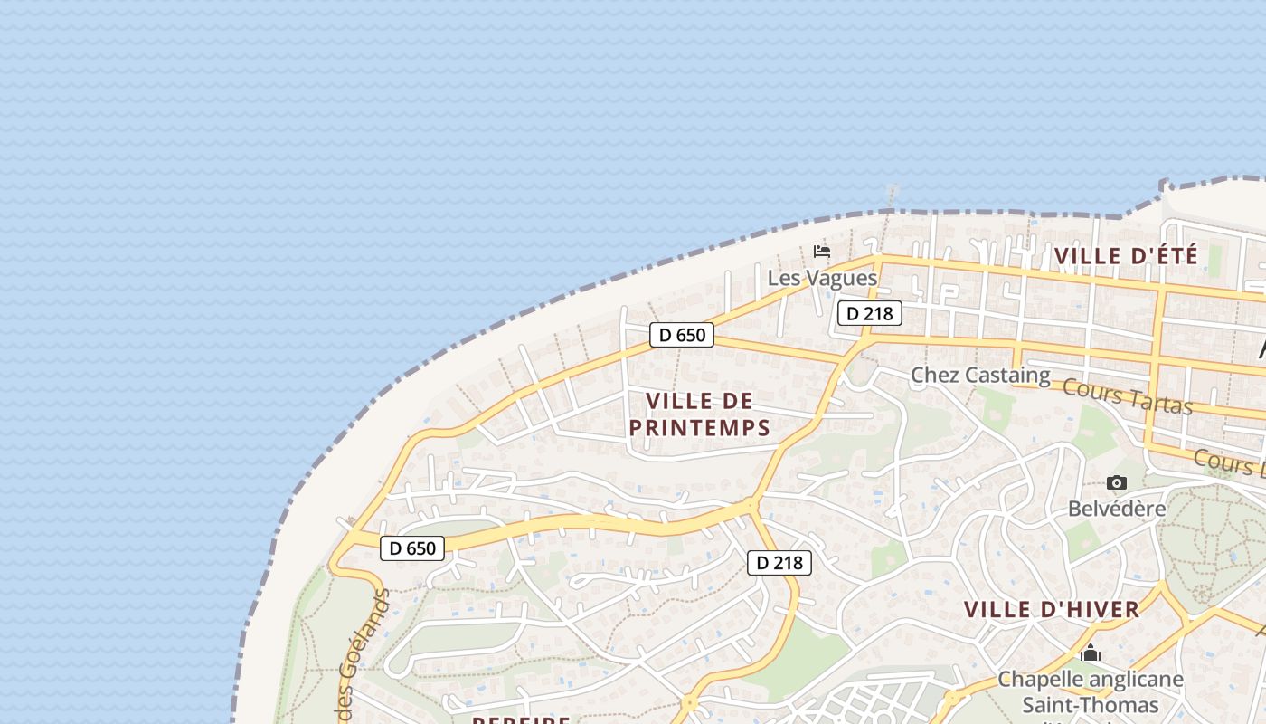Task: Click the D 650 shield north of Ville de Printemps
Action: pyautogui.click(x=682, y=335)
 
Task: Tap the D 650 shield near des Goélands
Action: pyautogui.click(x=412, y=548)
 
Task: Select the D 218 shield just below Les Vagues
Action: pyautogui.click(x=870, y=313)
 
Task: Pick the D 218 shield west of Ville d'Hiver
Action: pyautogui.click(x=779, y=563)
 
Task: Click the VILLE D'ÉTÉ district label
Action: pyautogui.click(x=1126, y=256)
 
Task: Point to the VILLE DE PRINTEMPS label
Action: pyautogui.click(x=699, y=414)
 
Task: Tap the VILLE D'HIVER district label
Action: pyautogui.click(x=1051, y=610)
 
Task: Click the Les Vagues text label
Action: pyautogui.click(x=822, y=278)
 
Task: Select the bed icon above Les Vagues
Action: pyautogui.click(x=822, y=251)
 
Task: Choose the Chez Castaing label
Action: pyautogui.click(x=980, y=375)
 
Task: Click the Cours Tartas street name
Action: pyautogui.click(x=1127, y=396)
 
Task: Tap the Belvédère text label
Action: pyautogui.click(x=1117, y=509)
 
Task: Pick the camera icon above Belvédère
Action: pyautogui.click(x=1117, y=483)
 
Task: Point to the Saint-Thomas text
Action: pyautogui.click(x=1090, y=705)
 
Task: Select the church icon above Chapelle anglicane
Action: pyautogui.click(x=1091, y=653)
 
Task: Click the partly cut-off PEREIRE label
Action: pyautogui.click(x=522, y=720)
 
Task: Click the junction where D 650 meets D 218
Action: pyautogui.click(x=751, y=505)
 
